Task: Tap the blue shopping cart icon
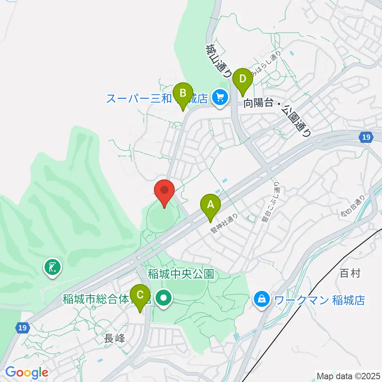point(219,97)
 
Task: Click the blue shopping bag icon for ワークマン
point(262,298)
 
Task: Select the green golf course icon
point(53,268)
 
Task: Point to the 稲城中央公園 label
point(181,274)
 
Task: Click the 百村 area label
point(350,273)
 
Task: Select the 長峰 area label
point(115,339)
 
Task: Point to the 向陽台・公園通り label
point(277,115)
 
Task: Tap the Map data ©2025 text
point(348,375)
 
